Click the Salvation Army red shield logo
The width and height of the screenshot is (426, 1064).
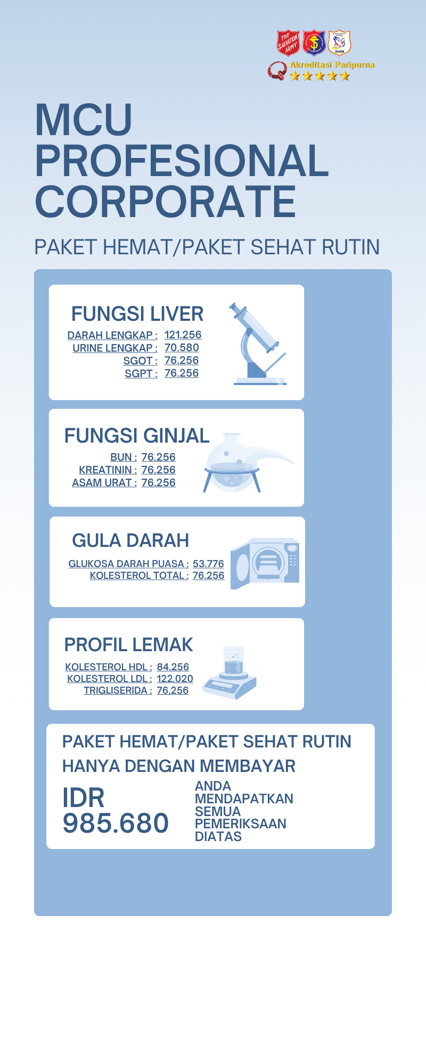click(288, 43)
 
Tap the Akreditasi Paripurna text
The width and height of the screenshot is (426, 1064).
click(332, 65)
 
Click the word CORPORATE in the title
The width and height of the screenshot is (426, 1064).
click(165, 202)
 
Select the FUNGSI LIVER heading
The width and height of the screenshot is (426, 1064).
click(137, 314)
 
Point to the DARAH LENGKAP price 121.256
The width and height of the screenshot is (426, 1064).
click(183, 335)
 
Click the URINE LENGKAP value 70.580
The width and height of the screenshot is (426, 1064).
click(182, 348)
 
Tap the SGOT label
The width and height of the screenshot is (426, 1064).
click(140, 361)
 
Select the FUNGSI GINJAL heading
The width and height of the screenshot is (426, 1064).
click(137, 436)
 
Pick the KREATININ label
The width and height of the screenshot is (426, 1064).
click(108, 470)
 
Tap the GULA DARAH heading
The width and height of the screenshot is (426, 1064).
click(130, 541)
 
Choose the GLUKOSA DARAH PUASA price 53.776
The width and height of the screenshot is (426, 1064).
click(208, 564)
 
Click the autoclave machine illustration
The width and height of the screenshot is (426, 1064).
click(265, 563)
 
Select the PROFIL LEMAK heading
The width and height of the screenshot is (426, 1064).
click(128, 645)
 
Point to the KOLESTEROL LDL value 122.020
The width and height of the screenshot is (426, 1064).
click(175, 679)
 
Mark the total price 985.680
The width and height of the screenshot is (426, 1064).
click(116, 823)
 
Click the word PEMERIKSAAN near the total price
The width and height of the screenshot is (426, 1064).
click(241, 824)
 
